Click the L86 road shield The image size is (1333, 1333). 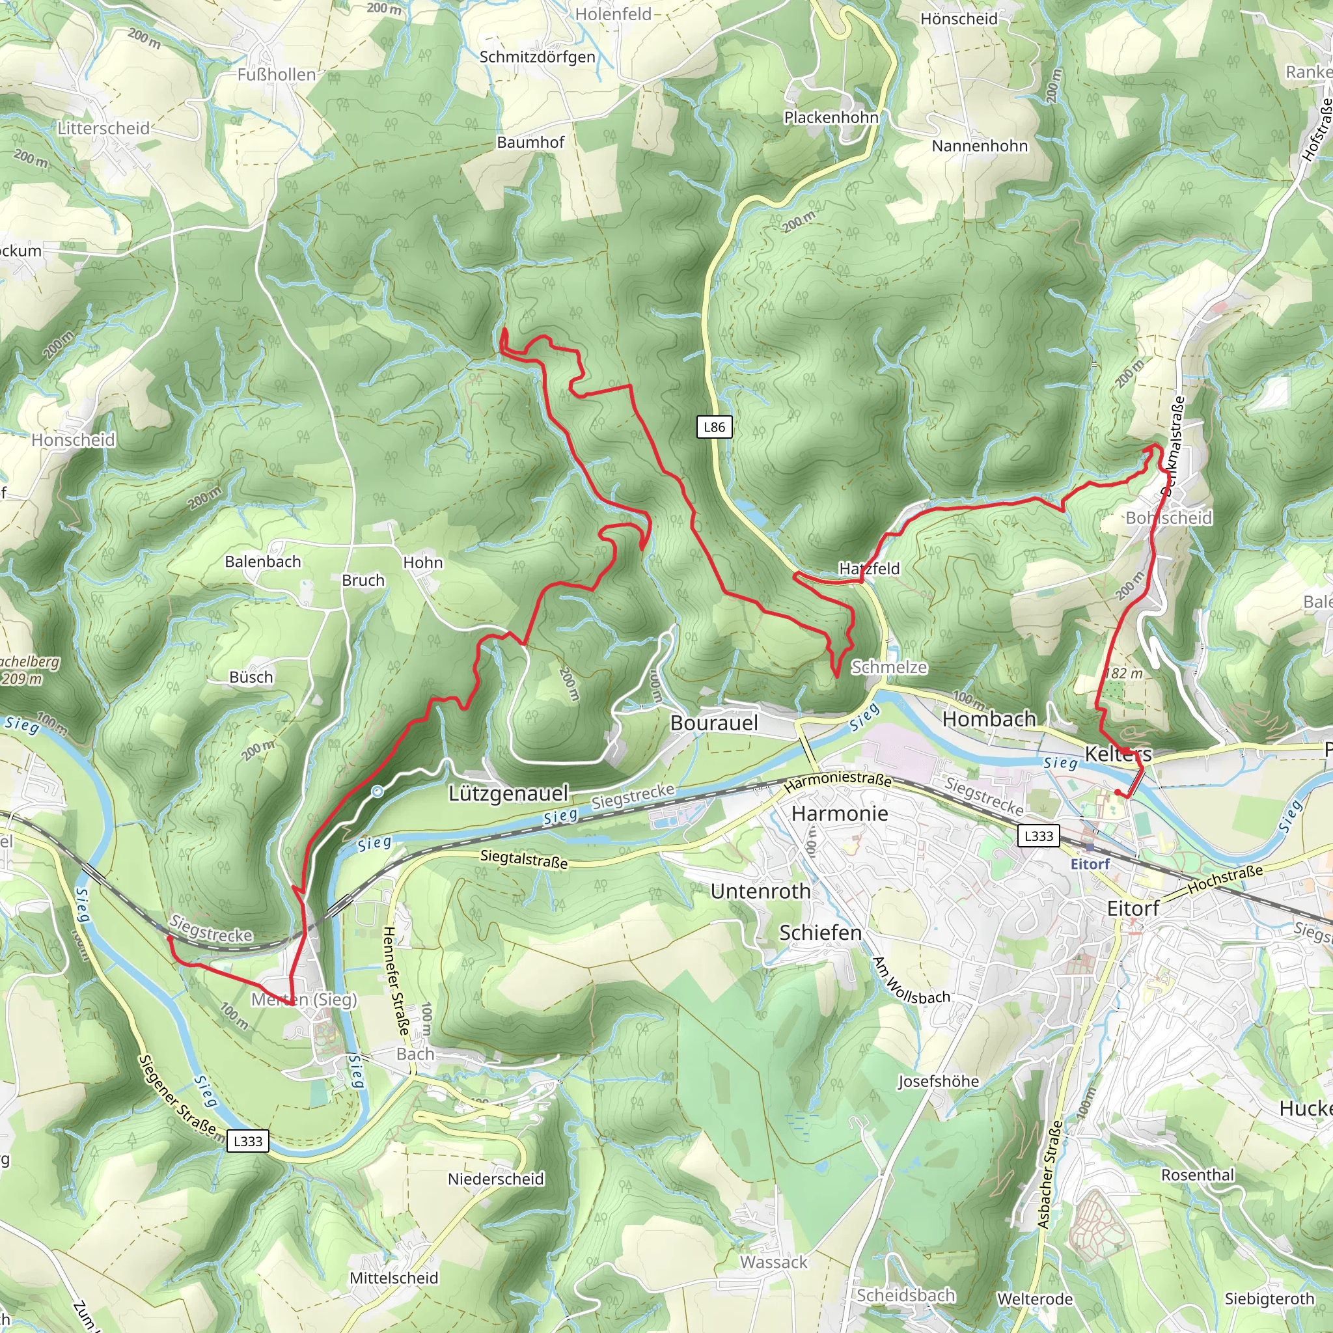(x=714, y=427)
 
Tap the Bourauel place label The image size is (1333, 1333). (x=714, y=723)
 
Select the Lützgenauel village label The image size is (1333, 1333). (x=508, y=793)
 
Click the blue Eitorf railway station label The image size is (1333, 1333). (x=1090, y=864)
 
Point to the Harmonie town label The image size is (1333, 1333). (x=840, y=814)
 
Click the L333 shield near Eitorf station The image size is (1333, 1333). (x=1038, y=836)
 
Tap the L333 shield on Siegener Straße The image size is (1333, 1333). (x=248, y=1141)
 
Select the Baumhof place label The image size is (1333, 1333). (x=530, y=142)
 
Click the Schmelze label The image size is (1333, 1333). (x=888, y=667)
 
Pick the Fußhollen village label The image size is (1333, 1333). (x=277, y=74)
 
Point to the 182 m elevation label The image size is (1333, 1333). (x=1124, y=674)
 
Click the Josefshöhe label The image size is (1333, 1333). (x=939, y=1081)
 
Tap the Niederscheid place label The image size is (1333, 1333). (x=496, y=1179)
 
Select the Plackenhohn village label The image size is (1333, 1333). (x=831, y=117)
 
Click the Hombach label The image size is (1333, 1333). (x=989, y=719)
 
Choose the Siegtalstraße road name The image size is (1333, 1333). (x=525, y=859)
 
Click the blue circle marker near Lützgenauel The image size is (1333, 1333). (x=378, y=792)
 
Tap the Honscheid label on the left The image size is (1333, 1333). (x=73, y=439)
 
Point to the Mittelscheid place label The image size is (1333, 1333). (x=394, y=1278)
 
